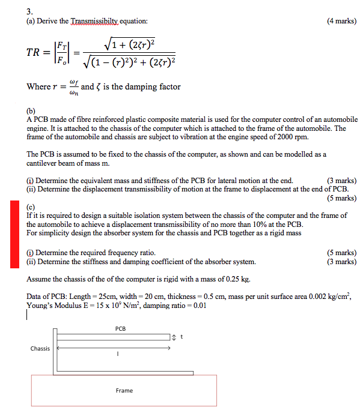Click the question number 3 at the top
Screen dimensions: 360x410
(x=29, y=10)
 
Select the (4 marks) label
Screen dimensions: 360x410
(x=341, y=21)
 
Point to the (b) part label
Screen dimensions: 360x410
(x=31, y=111)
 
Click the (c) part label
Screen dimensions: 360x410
(x=31, y=207)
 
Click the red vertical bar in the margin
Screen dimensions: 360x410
(x=15, y=234)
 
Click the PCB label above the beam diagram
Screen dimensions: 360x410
(x=120, y=328)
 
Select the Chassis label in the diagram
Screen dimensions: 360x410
(x=40, y=348)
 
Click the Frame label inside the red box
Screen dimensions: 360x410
(x=124, y=391)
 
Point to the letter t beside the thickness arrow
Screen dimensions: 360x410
(x=180, y=336)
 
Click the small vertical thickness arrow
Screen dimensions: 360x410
(x=173, y=336)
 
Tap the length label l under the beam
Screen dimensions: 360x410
(x=118, y=354)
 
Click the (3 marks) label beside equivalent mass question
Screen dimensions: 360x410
(x=341, y=181)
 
